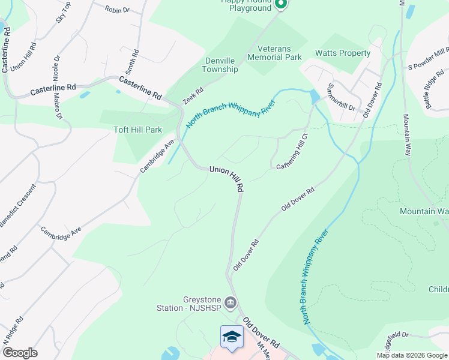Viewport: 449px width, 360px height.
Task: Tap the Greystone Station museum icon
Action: (x=231, y=301)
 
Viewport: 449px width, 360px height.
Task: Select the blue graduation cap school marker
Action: (x=232, y=337)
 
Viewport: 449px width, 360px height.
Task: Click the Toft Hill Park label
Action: (x=138, y=130)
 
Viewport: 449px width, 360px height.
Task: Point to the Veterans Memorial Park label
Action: (x=279, y=53)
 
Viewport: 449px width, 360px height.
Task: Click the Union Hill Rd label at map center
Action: (x=226, y=178)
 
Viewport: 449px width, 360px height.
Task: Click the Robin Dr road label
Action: (x=117, y=10)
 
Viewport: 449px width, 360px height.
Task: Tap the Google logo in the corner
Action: (x=20, y=353)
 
